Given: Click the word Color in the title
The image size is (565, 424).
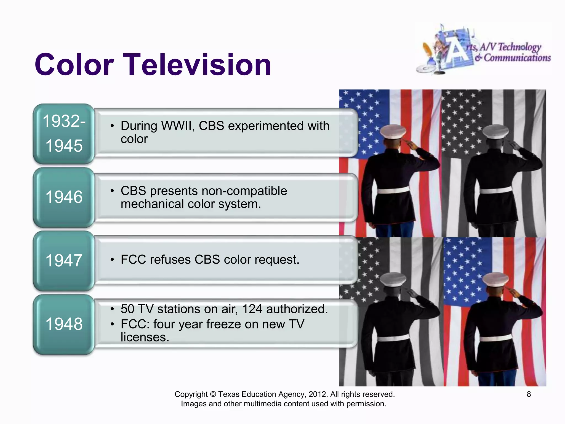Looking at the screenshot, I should coord(74,65).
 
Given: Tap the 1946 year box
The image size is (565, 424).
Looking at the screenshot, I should coord(64,197).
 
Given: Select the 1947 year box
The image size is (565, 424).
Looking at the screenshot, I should coord(64,261).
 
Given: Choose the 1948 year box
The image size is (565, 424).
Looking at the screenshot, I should coord(64,324).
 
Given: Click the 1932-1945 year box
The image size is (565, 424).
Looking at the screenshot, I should coord(64,134).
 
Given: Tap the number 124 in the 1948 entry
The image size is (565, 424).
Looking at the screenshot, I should coord(252,309).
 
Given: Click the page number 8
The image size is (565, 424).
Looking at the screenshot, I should coord(529,394).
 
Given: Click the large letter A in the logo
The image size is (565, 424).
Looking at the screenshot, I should coord(457,51).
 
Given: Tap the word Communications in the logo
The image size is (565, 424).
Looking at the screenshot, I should coord(517,58).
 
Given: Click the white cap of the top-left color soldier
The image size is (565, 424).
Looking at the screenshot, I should coord(393,131).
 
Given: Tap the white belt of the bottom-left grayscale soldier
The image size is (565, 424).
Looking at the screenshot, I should coord(393,338).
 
